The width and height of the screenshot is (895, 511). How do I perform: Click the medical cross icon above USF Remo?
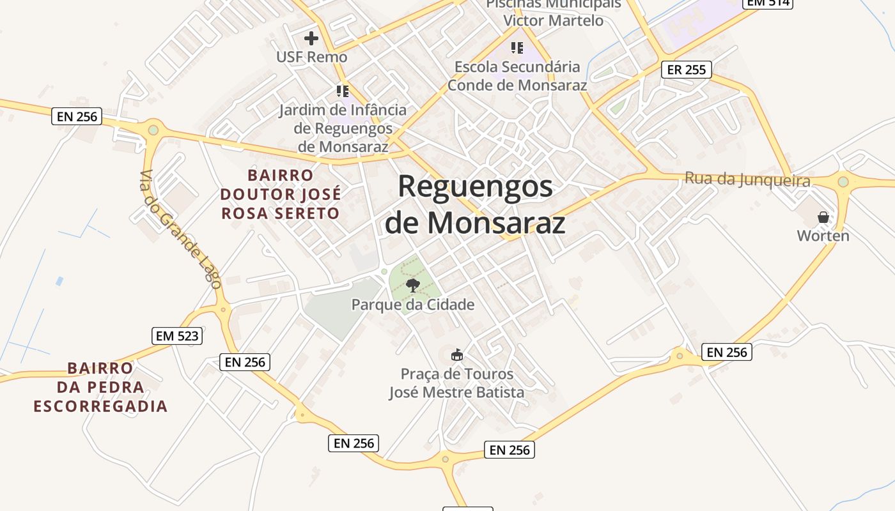(x=311, y=38)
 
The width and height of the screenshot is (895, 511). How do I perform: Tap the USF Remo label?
(x=311, y=57)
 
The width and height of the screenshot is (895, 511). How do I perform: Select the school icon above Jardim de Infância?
(x=343, y=91)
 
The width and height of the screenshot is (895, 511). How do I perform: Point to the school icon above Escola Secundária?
(x=517, y=48)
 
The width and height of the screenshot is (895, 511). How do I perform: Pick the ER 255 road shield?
(x=686, y=70)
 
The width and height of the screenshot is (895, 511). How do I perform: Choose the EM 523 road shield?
(x=177, y=335)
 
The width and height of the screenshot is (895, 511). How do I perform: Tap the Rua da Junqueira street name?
(x=747, y=179)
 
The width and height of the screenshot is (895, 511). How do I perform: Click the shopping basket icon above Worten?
(x=823, y=217)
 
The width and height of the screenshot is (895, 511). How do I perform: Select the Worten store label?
(x=823, y=236)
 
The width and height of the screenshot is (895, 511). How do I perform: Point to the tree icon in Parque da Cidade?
(x=412, y=285)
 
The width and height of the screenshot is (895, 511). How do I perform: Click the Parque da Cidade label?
(x=413, y=305)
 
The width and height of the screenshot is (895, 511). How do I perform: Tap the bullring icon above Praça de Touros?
(x=456, y=355)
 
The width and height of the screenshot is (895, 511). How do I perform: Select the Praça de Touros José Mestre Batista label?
(x=456, y=383)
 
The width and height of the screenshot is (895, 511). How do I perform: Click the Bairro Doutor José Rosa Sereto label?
(x=281, y=194)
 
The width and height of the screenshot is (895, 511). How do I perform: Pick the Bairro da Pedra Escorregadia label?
(x=100, y=387)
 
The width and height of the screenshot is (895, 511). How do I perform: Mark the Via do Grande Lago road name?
(x=180, y=229)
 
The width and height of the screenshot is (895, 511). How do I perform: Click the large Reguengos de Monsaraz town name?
(x=475, y=204)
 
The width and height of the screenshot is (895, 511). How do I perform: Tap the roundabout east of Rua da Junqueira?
(x=843, y=182)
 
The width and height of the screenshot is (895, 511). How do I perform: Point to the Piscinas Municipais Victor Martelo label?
(x=553, y=13)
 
